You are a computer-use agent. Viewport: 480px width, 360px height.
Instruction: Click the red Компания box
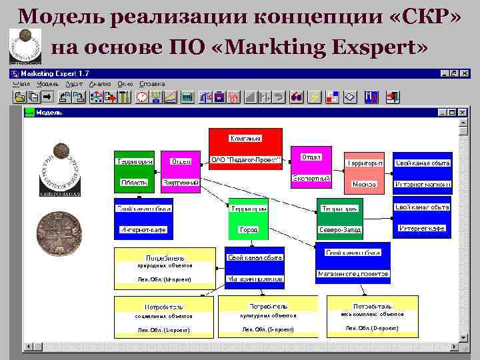[x=245, y=150]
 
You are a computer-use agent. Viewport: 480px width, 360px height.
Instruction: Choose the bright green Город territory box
[x=248, y=219]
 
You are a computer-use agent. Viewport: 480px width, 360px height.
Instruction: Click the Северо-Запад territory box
[x=339, y=219]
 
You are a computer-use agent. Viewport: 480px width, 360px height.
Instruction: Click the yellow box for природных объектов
[x=165, y=268]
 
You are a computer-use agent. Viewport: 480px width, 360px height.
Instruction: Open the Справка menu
[x=152, y=85]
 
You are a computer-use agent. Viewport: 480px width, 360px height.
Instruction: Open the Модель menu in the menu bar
[x=48, y=85]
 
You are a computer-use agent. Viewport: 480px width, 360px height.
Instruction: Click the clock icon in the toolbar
[x=141, y=97]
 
